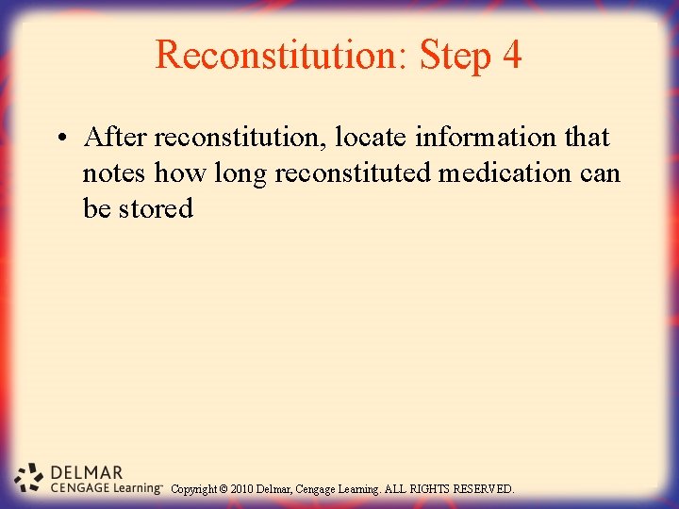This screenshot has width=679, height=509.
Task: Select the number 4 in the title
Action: (x=512, y=56)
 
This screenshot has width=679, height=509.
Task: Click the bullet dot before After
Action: (x=59, y=140)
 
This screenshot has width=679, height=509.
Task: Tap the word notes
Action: (x=114, y=173)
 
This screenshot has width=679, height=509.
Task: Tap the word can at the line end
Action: (x=600, y=173)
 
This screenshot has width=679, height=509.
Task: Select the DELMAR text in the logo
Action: (x=86, y=472)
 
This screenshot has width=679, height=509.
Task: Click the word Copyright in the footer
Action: (x=194, y=489)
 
